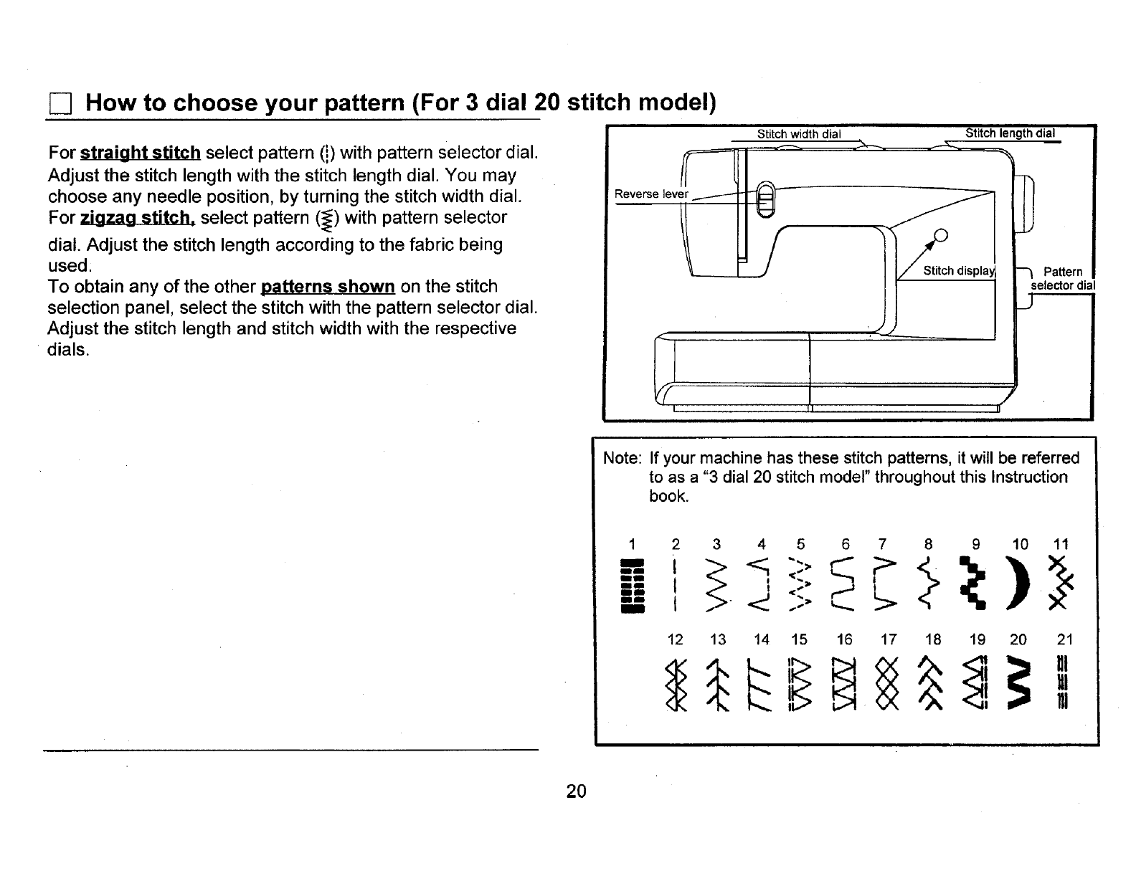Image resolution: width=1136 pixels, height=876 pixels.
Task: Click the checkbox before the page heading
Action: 59,105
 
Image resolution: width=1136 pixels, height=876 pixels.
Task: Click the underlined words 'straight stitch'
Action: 140,153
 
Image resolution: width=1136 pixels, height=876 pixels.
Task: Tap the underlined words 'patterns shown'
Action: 328,287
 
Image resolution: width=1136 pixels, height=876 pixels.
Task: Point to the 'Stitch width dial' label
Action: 798,133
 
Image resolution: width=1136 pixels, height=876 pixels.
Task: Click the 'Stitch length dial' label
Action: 1010,133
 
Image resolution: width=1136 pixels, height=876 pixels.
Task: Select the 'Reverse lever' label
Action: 651,194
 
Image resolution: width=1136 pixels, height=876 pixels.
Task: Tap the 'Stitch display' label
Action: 959,270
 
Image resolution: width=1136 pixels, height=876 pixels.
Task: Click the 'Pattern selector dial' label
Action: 1062,278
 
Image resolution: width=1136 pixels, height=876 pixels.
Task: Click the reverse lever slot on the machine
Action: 765,201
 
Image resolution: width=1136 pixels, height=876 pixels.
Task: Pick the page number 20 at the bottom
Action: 576,791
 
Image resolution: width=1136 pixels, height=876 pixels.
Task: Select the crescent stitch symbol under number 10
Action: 1018,585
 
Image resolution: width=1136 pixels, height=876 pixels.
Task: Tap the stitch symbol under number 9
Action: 975,585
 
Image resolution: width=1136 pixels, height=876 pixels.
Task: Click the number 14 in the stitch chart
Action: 762,639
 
